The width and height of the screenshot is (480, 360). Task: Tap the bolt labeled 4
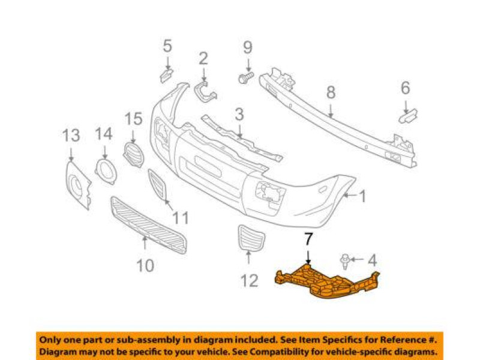tap(346, 260)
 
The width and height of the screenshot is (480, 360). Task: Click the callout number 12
tap(250, 280)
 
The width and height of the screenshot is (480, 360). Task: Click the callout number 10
tap(145, 264)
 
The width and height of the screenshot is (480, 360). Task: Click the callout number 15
tap(133, 119)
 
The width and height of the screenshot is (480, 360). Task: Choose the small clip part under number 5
tap(166, 74)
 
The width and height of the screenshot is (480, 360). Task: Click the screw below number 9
tap(245, 77)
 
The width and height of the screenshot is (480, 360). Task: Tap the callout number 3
tap(239, 114)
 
